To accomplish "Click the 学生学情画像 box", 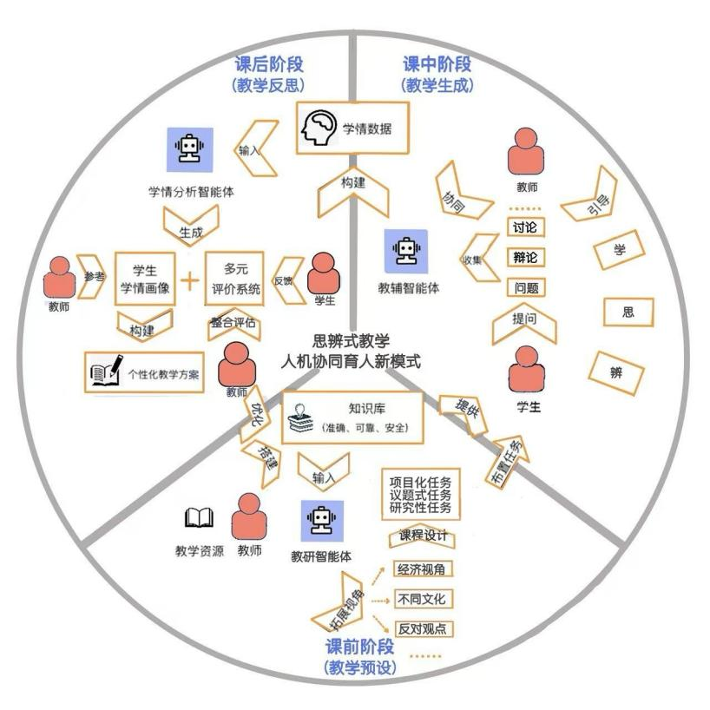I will pos(145,279).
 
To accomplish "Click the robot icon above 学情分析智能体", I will pos(189,148).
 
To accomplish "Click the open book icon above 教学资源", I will pos(199,519).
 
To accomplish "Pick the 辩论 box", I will pos(524,258).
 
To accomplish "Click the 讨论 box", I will pos(524,227).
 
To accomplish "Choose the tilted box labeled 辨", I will pos(617,371).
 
